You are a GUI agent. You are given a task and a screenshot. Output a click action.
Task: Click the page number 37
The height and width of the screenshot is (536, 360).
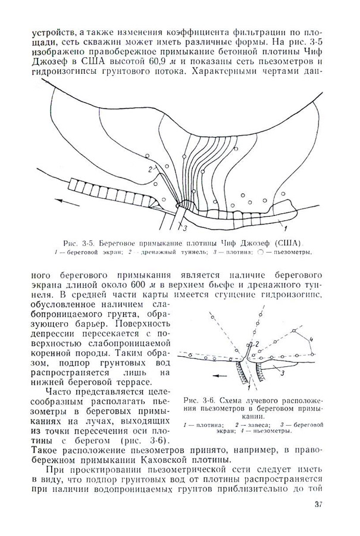(317, 507)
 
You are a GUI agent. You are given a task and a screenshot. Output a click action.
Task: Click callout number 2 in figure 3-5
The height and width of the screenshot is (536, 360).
(143, 170)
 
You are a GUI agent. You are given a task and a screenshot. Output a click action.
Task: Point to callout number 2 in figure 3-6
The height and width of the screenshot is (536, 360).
(256, 344)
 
